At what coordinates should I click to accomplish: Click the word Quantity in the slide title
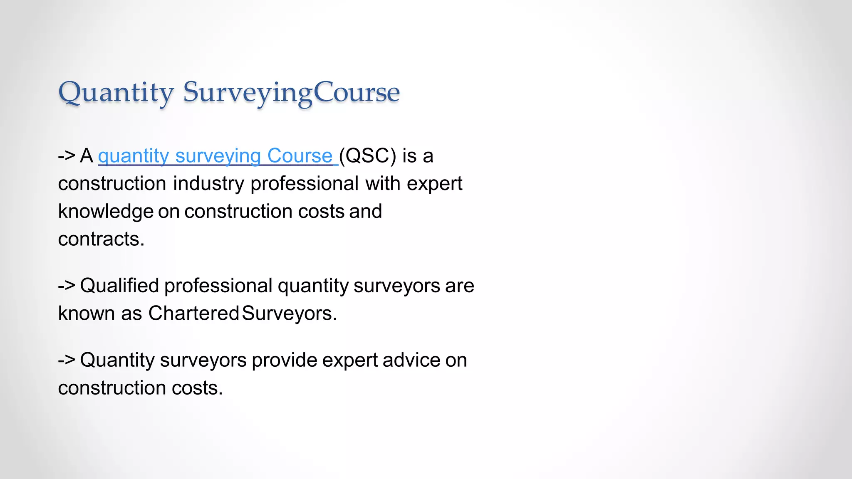(116, 92)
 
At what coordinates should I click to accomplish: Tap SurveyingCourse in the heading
(291, 92)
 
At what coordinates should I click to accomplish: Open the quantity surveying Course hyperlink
(215, 156)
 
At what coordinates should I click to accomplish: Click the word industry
(208, 184)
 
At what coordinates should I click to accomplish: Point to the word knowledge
(106, 211)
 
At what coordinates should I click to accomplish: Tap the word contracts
(101, 239)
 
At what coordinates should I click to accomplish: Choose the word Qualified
(119, 286)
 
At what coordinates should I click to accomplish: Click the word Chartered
(193, 314)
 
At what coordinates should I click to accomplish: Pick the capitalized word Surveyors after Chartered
(289, 314)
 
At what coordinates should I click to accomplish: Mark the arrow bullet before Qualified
(67, 286)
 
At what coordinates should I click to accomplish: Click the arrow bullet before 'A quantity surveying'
(67, 156)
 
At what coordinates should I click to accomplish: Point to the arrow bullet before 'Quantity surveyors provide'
(67, 360)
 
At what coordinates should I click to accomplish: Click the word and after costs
(365, 211)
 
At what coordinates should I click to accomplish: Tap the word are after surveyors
(459, 286)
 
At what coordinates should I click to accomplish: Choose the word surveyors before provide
(203, 360)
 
